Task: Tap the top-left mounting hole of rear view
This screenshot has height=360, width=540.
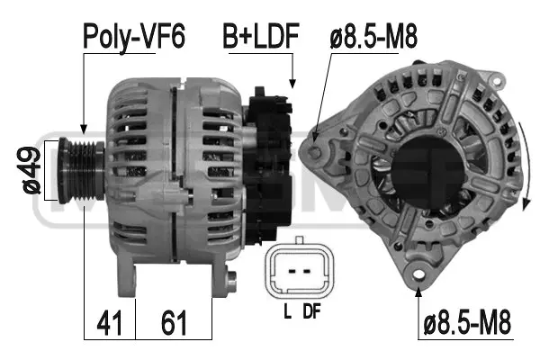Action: click(315, 138)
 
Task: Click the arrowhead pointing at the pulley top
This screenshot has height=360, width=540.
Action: click(83, 130)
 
